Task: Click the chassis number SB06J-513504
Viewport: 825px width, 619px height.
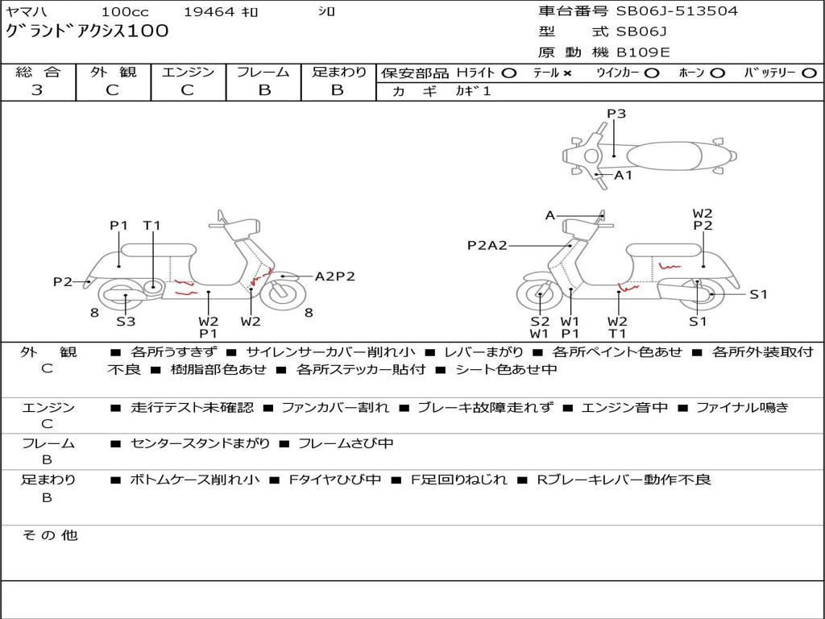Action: (677, 11)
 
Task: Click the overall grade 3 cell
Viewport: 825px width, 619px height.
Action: (37, 90)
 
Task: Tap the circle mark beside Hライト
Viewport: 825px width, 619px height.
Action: (509, 73)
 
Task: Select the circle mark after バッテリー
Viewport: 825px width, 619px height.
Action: (809, 73)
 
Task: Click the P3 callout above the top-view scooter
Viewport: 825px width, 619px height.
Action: (616, 114)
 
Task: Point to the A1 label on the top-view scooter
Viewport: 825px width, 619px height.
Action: (624, 175)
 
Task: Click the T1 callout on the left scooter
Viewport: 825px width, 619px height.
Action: (152, 226)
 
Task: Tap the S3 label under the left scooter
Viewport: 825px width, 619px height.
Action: (126, 322)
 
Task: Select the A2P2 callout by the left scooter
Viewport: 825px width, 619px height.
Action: (334, 276)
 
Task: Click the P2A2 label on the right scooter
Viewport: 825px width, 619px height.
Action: (487, 246)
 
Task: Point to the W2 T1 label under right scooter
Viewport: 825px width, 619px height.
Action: (617, 327)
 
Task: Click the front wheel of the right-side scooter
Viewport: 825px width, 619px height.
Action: (539, 296)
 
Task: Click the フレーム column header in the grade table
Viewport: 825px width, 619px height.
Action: (264, 72)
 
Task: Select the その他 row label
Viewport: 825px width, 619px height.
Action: (49, 535)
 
